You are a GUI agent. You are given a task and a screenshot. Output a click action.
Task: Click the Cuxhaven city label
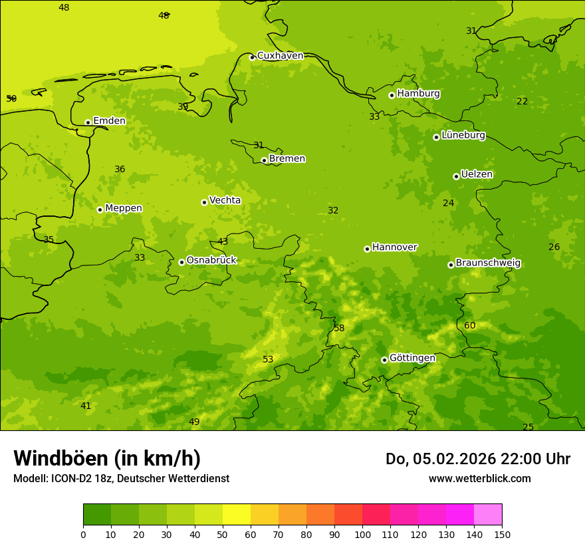tap(280, 56)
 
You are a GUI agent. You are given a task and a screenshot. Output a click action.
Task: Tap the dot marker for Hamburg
tap(392, 95)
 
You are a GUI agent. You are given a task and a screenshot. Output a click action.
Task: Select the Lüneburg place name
tap(463, 135)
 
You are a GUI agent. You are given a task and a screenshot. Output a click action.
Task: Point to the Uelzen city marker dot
tap(456, 176)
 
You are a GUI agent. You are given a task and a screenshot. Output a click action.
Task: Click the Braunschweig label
tap(488, 263)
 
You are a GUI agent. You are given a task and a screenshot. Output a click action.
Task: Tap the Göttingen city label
tap(412, 358)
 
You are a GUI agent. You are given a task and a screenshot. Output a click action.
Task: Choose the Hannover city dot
tap(367, 249)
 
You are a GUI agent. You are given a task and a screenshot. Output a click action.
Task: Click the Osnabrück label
tap(211, 260)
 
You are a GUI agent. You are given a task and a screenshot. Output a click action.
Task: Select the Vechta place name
tap(225, 200)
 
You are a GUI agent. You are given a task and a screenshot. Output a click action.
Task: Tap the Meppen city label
tap(124, 208)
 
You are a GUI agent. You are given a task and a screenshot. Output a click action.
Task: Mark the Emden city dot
tap(88, 122)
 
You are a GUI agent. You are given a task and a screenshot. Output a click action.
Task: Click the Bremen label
tap(287, 158)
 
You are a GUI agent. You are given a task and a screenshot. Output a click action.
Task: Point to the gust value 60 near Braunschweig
tap(470, 325)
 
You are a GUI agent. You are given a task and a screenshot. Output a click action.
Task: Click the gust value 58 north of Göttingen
tap(339, 328)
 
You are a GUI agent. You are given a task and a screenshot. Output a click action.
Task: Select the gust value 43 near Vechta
tap(223, 241)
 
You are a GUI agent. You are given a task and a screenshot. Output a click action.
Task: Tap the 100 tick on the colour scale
tap(362, 534)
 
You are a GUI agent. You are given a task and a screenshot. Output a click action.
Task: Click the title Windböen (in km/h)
tap(107, 458)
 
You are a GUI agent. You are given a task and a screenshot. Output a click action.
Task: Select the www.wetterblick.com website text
tap(479, 479)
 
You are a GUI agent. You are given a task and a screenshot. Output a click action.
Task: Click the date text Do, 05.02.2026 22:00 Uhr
tap(477, 459)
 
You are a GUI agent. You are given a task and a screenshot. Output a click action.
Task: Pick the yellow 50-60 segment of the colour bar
tap(237, 515)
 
